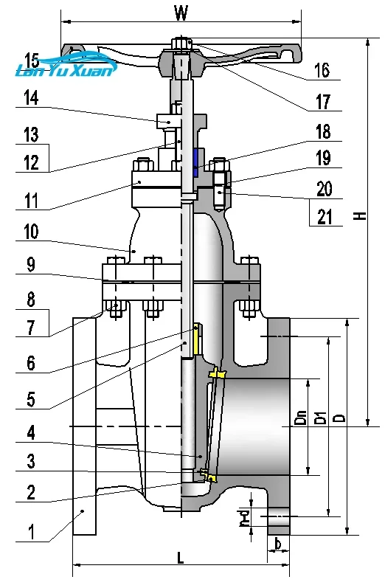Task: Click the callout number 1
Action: coord(31,530)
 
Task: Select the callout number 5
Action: coord(31,399)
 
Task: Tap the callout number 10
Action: coord(30,232)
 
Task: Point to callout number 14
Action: coord(30,98)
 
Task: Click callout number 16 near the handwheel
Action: coord(322,70)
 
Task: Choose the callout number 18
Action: coord(323,131)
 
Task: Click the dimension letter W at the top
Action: coord(181,13)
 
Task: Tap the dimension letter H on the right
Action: coord(359,215)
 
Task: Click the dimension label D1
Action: coord(319,419)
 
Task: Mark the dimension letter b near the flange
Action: coord(277,545)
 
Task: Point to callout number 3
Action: coord(31,462)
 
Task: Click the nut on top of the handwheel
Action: coord(181,43)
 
